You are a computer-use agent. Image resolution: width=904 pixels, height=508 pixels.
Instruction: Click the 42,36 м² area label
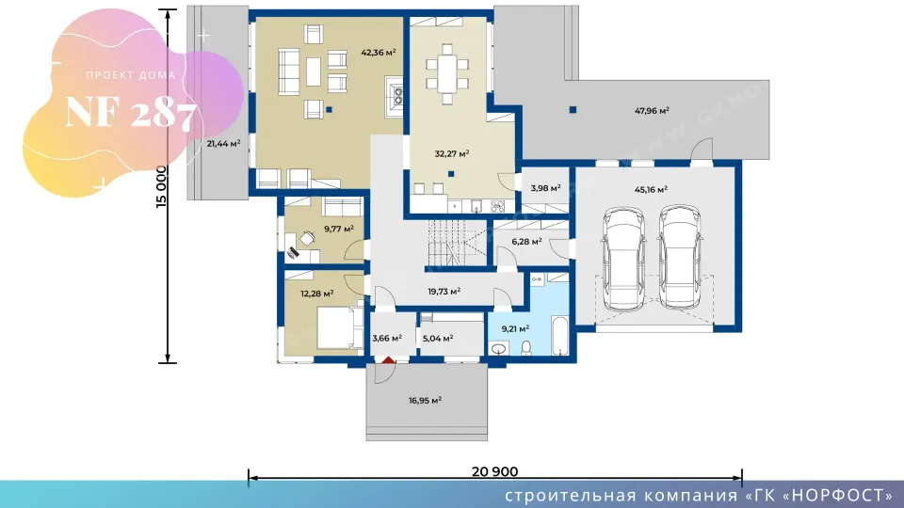point(379,53)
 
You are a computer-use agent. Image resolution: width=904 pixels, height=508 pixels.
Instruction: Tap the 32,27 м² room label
point(451,153)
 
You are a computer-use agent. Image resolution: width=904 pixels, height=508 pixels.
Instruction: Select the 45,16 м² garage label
point(651,189)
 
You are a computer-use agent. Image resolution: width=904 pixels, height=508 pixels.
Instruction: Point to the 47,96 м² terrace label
point(652,111)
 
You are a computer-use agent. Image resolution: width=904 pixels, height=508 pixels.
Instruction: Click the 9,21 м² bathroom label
point(515,329)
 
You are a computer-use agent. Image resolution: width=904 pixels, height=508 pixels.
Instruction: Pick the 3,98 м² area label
point(545,188)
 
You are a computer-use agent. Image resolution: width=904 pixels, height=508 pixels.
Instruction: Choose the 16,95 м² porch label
point(425,401)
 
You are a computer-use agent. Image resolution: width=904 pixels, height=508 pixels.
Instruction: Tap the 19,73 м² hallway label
point(444,292)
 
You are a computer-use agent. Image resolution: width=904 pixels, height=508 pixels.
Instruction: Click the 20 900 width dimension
point(494,471)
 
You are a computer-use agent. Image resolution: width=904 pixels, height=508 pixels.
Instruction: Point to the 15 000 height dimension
point(161,186)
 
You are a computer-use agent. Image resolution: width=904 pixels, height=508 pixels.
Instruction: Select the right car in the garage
point(680,257)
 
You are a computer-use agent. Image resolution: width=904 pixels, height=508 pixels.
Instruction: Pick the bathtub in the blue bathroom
point(559,335)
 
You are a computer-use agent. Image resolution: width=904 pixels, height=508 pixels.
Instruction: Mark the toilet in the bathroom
point(525,347)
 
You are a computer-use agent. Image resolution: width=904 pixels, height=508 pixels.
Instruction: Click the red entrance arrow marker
point(389,360)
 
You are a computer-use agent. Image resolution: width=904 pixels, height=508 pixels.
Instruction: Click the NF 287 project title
point(130,113)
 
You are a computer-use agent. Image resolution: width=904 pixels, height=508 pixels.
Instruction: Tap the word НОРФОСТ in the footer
point(841,496)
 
